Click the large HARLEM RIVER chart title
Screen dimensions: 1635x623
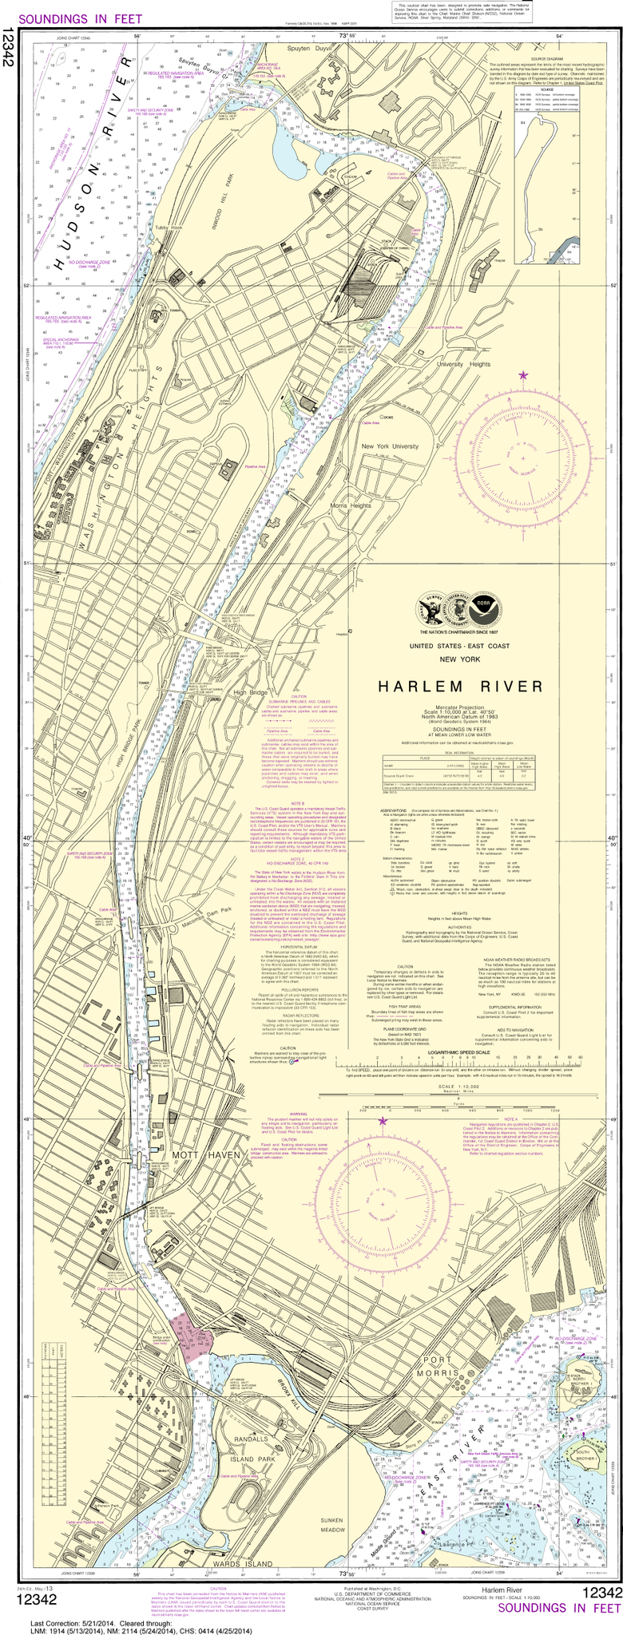click(459, 687)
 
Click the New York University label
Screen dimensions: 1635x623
click(390, 447)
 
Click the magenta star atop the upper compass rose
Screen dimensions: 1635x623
click(524, 374)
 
